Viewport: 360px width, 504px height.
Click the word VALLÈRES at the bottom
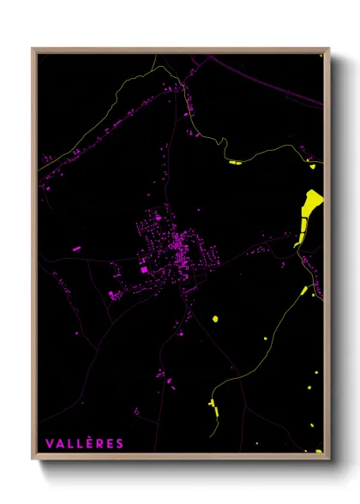84,443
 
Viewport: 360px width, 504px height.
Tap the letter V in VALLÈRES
49,443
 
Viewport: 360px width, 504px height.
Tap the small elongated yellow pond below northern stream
236,161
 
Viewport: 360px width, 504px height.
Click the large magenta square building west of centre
144,270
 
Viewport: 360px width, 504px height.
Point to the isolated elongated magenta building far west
76,249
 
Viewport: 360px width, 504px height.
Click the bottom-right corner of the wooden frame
328,457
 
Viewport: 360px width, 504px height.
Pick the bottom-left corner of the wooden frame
33,457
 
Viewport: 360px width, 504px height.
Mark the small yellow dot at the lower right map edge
318,373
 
